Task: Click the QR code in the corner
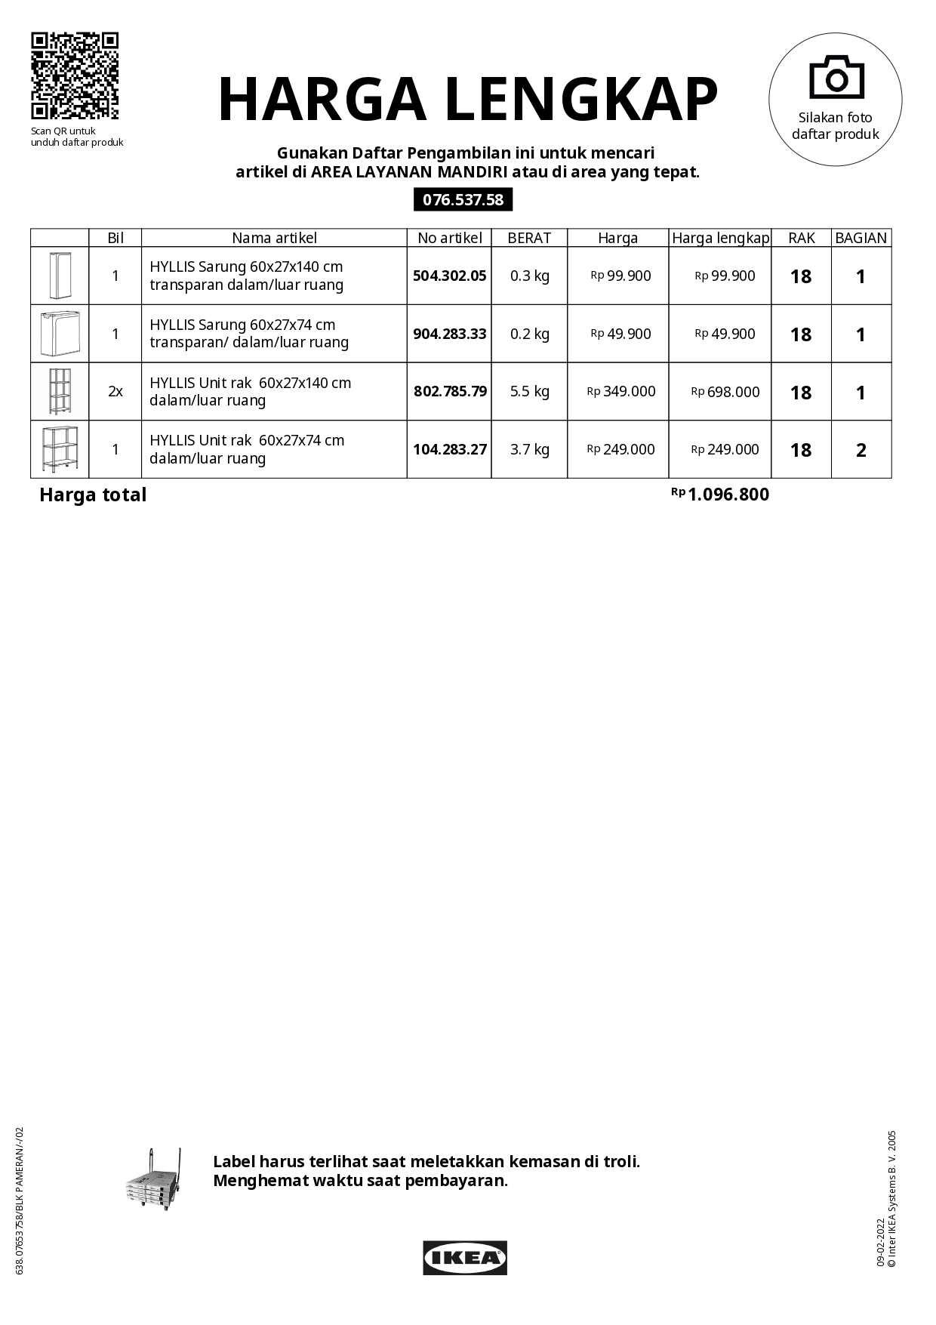click(x=75, y=75)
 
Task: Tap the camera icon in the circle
click(x=836, y=77)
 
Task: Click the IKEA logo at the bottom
click(x=464, y=1258)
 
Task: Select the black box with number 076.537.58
click(x=463, y=200)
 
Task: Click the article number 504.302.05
click(x=449, y=276)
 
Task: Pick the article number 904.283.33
click(x=449, y=334)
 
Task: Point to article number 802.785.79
click(x=450, y=391)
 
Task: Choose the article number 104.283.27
click(x=449, y=449)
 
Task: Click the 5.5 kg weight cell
click(x=529, y=391)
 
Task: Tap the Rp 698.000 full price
click(x=725, y=392)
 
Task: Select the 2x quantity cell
click(x=115, y=391)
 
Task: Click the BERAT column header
click(x=529, y=238)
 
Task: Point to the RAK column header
click(x=801, y=238)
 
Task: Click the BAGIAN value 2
click(x=861, y=450)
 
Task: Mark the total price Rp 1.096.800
click(x=721, y=495)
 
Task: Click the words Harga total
click(x=93, y=495)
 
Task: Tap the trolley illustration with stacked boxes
click(x=153, y=1180)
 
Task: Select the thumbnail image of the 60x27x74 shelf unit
click(x=60, y=449)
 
